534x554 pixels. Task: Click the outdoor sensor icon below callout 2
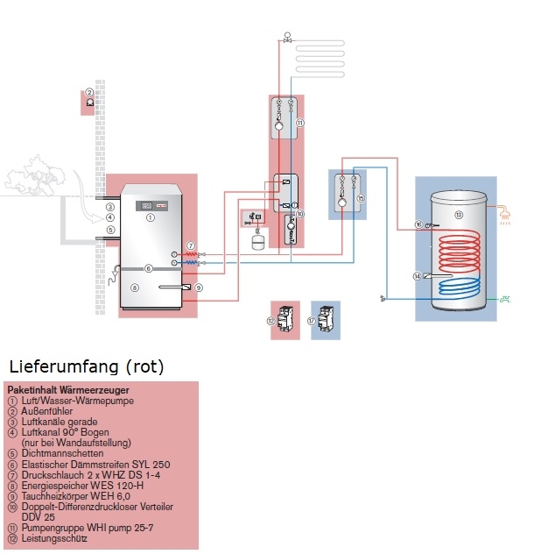click(x=89, y=103)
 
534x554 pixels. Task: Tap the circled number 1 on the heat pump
click(x=150, y=217)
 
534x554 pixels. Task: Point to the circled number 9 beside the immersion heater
click(x=199, y=287)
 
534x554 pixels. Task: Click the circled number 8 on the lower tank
click(x=134, y=287)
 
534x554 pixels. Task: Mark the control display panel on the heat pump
click(x=143, y=206)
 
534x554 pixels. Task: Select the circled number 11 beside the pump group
click(x=299, y=124)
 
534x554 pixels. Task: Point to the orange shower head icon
click(x=506, y=212)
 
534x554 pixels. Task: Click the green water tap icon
click(x=505, y=299)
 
